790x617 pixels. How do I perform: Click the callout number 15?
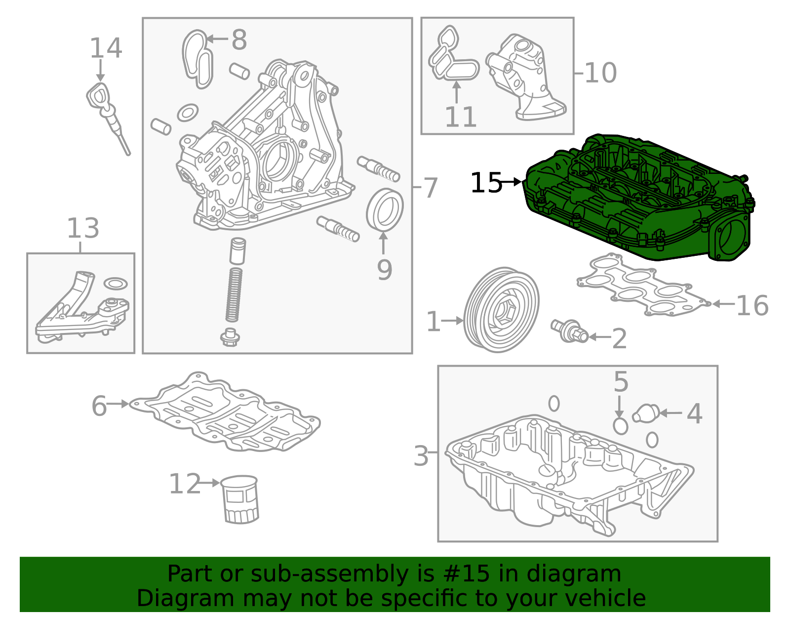pos(485,183)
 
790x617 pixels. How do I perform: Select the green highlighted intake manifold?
pos(637,198)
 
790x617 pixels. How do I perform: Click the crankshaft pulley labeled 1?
pos(502,310)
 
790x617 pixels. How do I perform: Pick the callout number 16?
pos(752,305)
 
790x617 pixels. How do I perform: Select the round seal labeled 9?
pos(385,209)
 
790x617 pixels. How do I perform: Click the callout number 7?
pos(431,188)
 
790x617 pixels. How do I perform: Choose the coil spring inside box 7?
pos(234,295)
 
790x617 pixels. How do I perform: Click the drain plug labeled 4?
pos(646,413)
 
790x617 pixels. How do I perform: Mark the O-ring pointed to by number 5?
pos(620,425)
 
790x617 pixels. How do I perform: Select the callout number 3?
pos(421,455)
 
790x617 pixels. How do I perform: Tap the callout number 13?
pos(83,228)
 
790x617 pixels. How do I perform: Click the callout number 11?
pos(460,118)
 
